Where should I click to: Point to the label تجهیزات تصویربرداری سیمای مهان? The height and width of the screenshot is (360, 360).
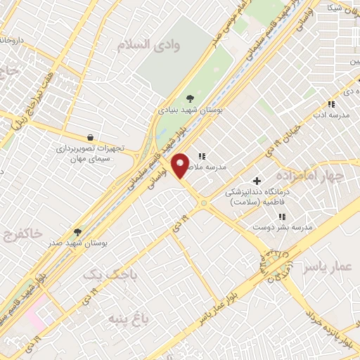[x=90, y=154]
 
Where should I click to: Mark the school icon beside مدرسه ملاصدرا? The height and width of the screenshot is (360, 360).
[x=202, y=157]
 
